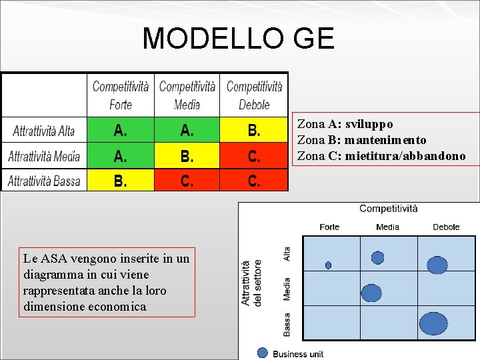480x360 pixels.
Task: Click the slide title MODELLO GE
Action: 238,39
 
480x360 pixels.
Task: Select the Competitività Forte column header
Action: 121,95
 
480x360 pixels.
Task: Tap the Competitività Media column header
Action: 187,95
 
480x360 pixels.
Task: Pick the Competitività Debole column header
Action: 254,95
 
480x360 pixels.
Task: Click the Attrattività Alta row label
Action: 44,131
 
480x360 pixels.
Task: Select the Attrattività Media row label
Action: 44,157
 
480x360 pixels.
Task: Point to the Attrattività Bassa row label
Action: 44,181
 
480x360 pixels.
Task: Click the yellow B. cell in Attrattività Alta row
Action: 254,131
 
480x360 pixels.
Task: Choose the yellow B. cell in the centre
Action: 187,157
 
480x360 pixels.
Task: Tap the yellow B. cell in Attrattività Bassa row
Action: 121,181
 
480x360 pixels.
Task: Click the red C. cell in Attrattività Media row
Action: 254,157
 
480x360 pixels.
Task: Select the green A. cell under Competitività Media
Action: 187,131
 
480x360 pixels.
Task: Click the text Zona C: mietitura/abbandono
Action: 381,156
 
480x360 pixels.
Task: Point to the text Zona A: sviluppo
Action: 345,124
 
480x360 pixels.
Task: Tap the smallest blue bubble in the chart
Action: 328,265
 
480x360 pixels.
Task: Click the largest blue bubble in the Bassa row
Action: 434,323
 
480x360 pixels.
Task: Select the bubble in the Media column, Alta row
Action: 378,257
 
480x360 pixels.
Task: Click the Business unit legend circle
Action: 263,353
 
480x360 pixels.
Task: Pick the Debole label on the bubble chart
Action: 446,227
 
